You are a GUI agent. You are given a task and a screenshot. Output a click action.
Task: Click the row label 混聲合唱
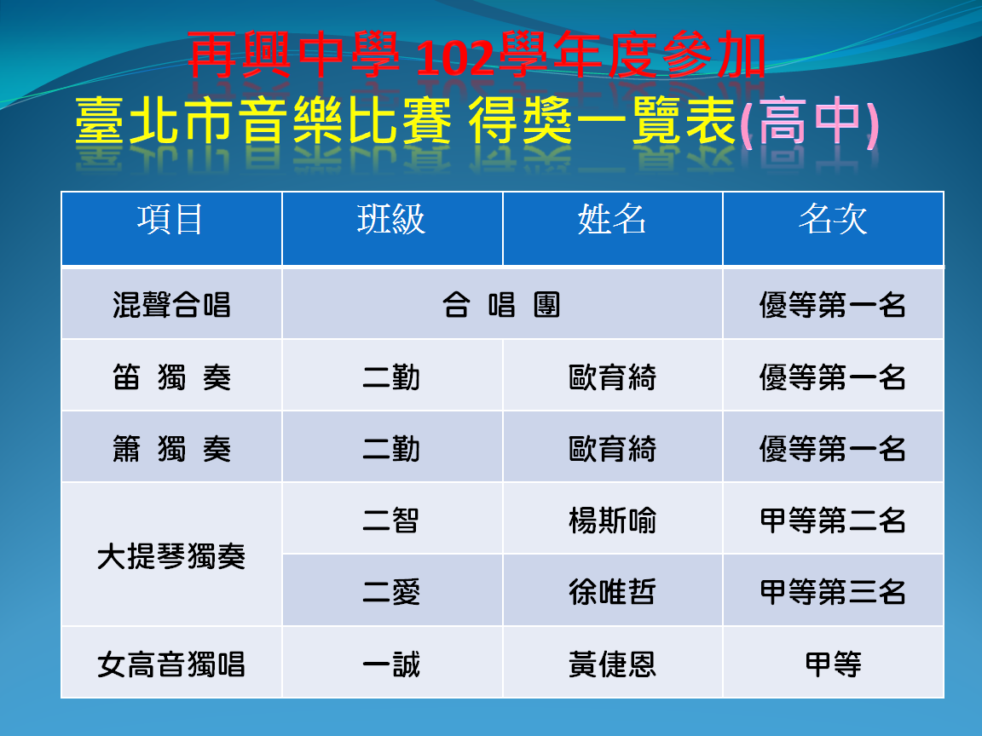tap(171, 306)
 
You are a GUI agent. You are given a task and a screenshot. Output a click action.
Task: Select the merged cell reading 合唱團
tap(501, 306)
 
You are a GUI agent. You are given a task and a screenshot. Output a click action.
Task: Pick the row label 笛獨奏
tap(171, 377)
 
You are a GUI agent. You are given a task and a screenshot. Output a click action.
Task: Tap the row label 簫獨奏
tap(171, 449)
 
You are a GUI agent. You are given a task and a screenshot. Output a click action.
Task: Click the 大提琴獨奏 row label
tap(171, 556)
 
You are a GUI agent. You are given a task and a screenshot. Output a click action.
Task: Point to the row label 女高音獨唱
tap(171, 664)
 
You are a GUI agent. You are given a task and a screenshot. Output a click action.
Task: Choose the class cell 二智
tap(391, 520)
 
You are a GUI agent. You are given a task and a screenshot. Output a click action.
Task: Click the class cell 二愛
tap(391, 592)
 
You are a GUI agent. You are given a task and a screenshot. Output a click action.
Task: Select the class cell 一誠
tap(391, 664)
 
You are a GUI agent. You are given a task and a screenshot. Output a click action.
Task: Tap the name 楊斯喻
tap(612, 520)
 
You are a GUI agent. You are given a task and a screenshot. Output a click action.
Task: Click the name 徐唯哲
tap(612, 592)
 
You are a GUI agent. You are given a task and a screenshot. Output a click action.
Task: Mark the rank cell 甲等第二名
tap(833, 520)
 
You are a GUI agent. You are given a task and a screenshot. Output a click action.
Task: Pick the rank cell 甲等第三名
tap(833, 592)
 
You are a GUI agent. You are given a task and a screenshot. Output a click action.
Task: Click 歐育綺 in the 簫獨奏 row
tap(612, 449)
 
